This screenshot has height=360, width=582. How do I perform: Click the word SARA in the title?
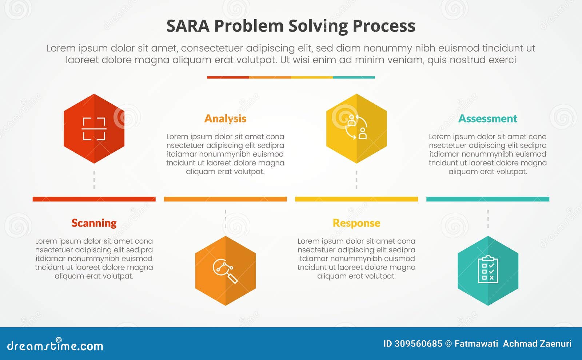[x=188, y=26]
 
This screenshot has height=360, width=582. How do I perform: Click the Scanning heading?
[x=94, y=223]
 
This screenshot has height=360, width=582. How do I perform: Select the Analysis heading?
[x=225, y=119]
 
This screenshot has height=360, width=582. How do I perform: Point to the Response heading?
[x=356, y=223]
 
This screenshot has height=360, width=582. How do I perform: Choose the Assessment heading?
[x=487, y=119]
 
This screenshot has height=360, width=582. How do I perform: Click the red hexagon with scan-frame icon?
[x=94, y=129]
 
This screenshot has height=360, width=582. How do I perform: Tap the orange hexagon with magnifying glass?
[x=225, y=271]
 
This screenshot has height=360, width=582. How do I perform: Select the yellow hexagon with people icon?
[x=356, y=129]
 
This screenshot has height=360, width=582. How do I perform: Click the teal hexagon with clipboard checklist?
[x=488, y=271]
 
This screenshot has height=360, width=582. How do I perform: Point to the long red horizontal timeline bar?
[x=94, y=199]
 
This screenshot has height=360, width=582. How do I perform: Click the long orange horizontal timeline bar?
[x=225, y=199]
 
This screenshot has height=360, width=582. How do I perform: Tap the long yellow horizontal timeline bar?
[x=356, y=199]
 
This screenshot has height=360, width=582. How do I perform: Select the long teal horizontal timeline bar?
[x=488, y=199]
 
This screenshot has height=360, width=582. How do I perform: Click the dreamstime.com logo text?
[x=55, y=345]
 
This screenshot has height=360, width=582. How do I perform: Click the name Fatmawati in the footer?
[x=476, y=344]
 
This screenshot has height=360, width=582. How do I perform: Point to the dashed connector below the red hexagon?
[x=94, y=180]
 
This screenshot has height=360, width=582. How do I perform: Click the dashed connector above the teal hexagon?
[x=488, y=219]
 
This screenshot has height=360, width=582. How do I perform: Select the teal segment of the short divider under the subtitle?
[x=354, y=77]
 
